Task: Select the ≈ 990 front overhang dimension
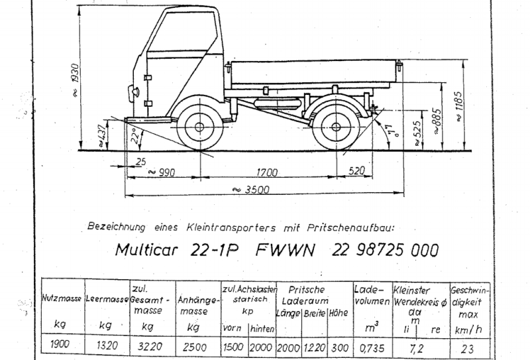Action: click(x=162, y=173)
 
